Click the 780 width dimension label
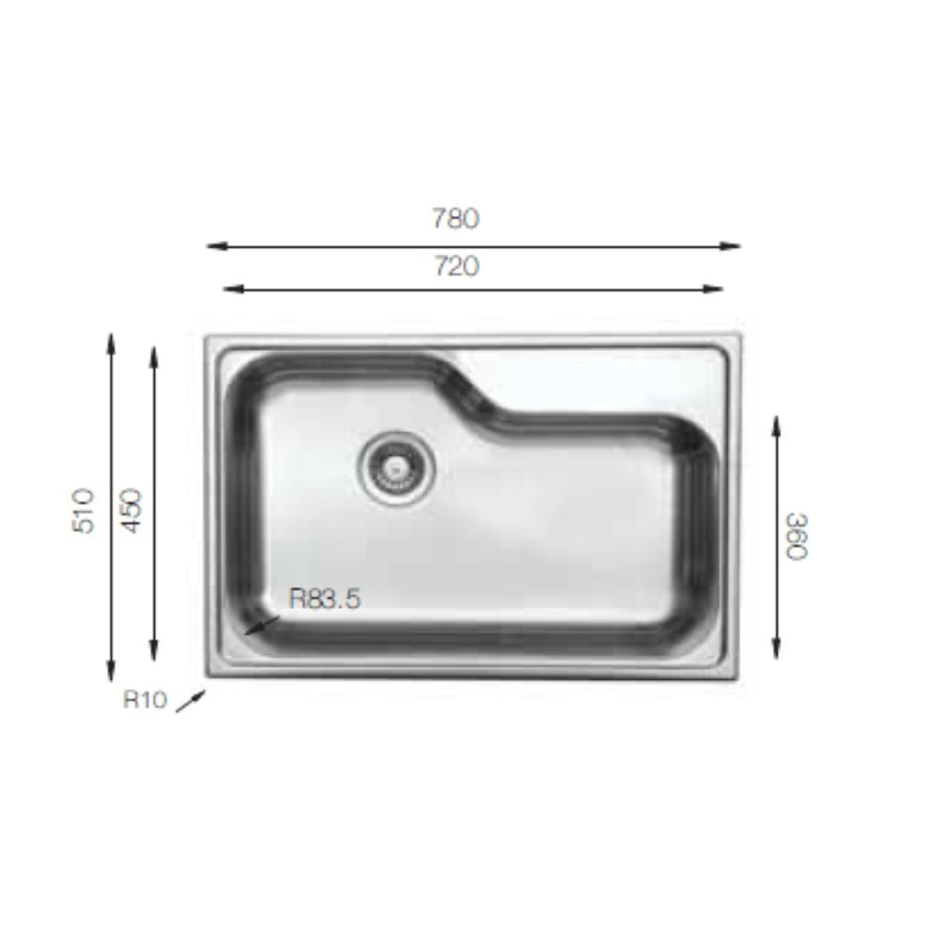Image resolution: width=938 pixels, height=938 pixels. (456, 219)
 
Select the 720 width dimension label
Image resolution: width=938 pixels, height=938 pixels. (456, 266)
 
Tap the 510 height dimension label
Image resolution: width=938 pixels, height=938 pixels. (85, 509)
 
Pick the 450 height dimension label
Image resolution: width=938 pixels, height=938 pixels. (132, 509)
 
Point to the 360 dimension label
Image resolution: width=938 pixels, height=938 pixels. (796, 536)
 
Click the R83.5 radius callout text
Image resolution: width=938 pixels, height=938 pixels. (325, 598)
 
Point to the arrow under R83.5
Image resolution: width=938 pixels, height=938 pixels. (262, 627)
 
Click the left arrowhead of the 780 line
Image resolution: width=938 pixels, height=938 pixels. (213, 247)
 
